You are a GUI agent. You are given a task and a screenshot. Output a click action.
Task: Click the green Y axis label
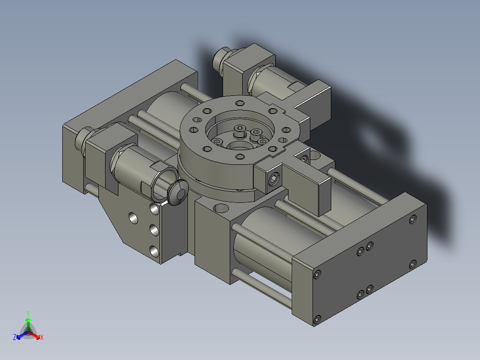28,313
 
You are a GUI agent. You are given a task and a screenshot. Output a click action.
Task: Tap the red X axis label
42,337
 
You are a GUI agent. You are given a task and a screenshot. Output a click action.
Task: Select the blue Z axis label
14,337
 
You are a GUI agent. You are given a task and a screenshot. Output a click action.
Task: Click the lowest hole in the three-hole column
154,252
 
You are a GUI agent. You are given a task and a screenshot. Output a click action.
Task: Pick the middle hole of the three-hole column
154,230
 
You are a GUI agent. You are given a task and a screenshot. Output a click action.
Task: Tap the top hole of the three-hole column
154,209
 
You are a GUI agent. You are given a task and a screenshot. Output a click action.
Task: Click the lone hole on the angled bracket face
133,218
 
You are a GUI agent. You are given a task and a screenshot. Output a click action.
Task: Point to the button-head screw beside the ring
178,192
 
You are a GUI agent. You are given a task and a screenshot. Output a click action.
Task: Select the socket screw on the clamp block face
274,179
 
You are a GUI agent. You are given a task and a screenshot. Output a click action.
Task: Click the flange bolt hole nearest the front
240,157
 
